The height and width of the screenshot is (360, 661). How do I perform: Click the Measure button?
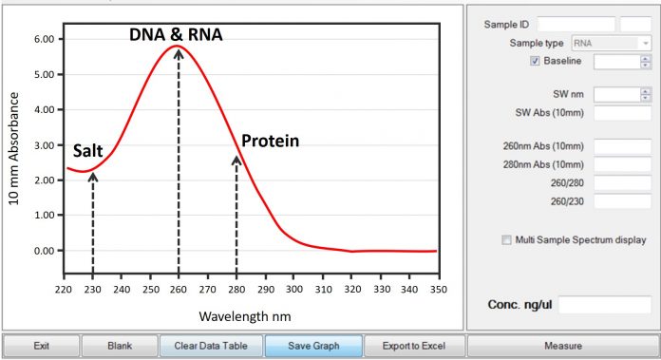coord(562,346)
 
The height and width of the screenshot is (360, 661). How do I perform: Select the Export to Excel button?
coord(406,346)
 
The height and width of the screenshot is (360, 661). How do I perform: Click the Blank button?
coord(119,346)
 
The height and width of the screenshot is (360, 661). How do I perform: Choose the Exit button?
coord(41,346)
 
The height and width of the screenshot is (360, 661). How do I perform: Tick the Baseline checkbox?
coord(535,62)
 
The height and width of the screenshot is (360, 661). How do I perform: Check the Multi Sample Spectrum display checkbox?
coord(506,239)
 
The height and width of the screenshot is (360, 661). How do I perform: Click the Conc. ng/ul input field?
coord(604,305)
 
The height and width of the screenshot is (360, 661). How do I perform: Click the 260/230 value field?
coord(622,200)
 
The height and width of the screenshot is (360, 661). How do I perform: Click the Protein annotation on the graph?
coord(270,142)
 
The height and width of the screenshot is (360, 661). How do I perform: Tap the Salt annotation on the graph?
coord(88,151)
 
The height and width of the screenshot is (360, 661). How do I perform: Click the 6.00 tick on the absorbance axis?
coord(44,40)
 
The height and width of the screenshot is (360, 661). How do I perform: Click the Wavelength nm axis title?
coord(246,313)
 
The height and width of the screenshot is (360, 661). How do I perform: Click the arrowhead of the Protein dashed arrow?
coord(236,160)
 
